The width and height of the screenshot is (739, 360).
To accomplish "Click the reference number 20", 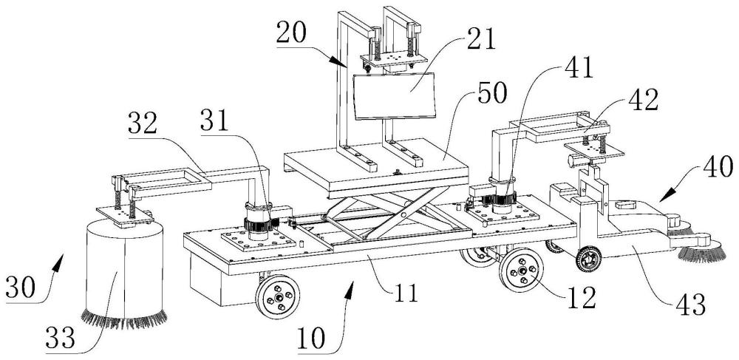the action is click(x=292, y=33).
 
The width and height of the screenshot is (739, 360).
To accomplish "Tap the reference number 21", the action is click(x=480, y=40).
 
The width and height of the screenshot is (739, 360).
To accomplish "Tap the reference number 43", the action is click(x=689, y=305).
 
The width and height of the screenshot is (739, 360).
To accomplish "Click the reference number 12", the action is click(x=581, y=297).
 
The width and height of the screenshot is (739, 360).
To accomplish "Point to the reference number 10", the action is click(x=312, y=339).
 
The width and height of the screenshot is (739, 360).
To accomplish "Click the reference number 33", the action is click(x=61, y=338).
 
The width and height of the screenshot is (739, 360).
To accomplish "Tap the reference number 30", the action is click(x=21, y=287).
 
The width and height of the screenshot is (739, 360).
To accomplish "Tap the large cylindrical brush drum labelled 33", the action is click(x=124, y=271).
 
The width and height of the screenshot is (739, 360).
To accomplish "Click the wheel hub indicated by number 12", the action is click(x=522, y=271).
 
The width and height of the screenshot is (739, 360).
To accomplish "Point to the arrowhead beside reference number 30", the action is click(x=58, y=262).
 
